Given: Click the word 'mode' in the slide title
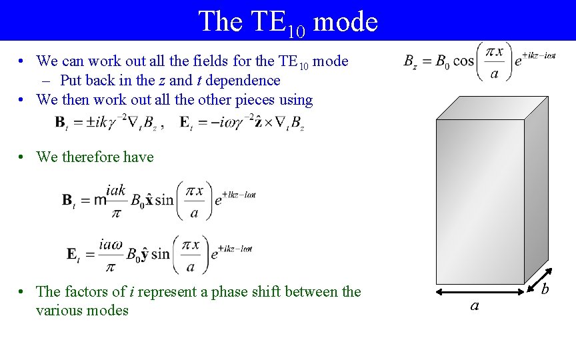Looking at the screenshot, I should [x=345, y=21].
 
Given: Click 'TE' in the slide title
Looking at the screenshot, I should [x=269, y=21].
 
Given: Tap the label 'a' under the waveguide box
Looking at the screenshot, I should [x=475, y=306].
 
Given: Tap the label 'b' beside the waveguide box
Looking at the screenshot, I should [x=545, y=289].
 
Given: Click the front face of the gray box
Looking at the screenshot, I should [x=479, y=200].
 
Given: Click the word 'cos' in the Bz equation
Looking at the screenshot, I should [x=463, y=61].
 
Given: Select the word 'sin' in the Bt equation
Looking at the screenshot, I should [x=163, y=200].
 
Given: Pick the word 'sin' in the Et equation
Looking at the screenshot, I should [x=161, y=254].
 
